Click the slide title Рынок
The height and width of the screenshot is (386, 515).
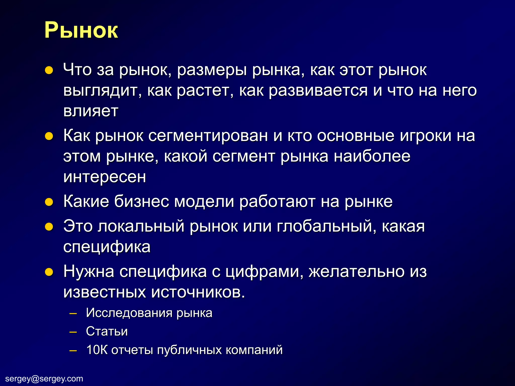[x=81, y=30]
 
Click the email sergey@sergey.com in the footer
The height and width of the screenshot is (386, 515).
[x=44, y=378]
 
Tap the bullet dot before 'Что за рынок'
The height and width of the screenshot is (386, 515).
[x=49, y=70]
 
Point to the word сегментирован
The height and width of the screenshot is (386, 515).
[x=208, y=136]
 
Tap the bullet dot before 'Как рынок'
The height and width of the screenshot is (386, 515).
[x=49, y=136]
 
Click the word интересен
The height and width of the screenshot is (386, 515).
[x=105, y=177]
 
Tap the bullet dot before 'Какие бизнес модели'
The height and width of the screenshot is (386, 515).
[x=49, y=202]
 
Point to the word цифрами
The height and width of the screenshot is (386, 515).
[x=264, y=272]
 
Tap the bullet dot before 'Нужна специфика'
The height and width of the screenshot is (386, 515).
[x=49, y=272]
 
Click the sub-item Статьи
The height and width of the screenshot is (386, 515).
[x=107, y=331]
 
